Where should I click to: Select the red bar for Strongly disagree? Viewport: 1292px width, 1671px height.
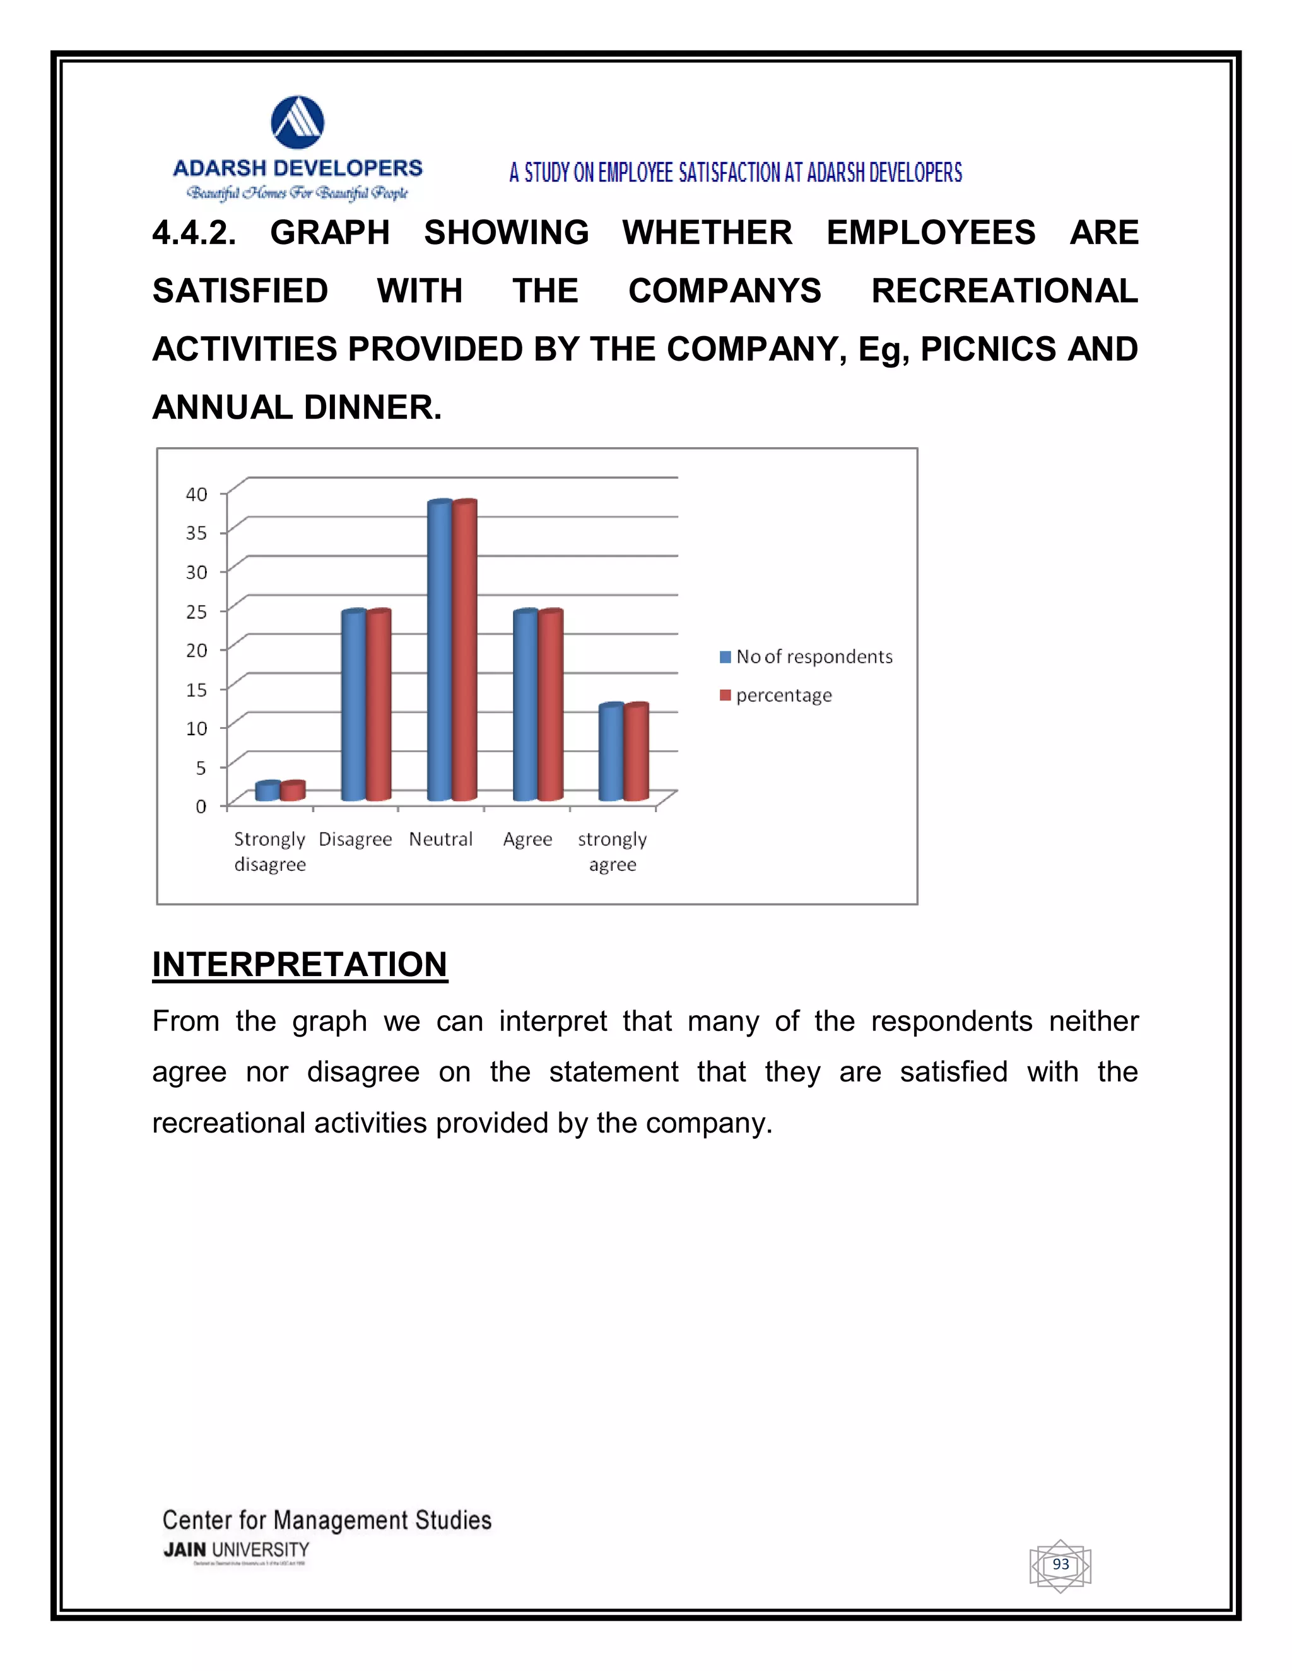pos(292,791)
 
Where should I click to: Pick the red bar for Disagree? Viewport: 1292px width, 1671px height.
pos(378,706)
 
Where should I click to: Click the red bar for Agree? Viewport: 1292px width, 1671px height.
pos(550,706)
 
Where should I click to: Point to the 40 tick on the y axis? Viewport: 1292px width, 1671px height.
pos(197,494)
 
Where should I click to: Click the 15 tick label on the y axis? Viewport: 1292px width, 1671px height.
pos(197,689)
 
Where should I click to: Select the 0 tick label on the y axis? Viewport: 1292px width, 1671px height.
pos(201,806)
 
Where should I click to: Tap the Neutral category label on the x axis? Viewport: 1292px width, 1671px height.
pos(441,839)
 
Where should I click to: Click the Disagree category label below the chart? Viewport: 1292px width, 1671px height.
pos(355,839)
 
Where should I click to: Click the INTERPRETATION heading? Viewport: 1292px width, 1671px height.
pos(299,964)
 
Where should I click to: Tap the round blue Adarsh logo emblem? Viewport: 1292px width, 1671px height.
pos(298,122)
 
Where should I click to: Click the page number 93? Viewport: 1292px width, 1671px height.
pos(1060,1564)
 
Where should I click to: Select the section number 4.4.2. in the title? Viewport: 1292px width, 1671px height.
pos(194,233)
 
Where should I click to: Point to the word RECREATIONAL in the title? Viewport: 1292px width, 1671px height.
pos(1004,291)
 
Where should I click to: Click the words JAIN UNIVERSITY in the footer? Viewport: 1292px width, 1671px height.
pos(236,1549)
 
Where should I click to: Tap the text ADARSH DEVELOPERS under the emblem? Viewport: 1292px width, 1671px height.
pos(298,168)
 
